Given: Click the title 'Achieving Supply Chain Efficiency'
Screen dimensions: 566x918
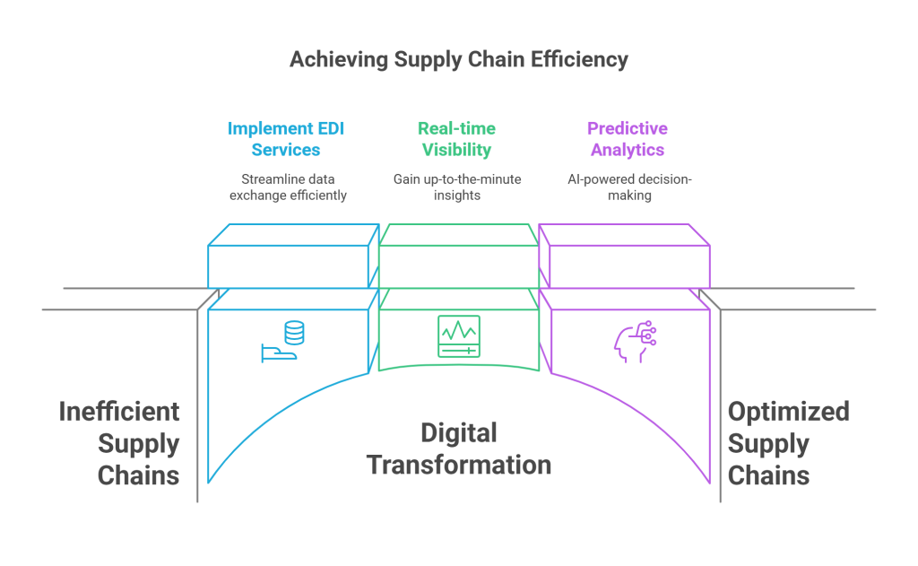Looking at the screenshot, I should pos(458,61).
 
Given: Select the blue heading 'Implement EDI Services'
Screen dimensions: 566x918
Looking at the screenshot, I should pos(286,139).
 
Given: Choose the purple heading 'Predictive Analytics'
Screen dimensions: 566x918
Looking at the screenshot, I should pos(628,139).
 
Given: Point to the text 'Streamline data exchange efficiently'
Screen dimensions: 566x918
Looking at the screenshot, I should pos(286,187).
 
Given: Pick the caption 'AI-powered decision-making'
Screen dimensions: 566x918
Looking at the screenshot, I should pos(628,187).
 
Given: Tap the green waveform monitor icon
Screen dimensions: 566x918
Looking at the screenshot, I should pos(458,336).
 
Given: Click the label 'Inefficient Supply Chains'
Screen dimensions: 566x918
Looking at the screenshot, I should pos(120,443).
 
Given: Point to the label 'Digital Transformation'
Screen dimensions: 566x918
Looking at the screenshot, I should pos(458,449).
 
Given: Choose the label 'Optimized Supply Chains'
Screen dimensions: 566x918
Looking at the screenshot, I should pos(788,443).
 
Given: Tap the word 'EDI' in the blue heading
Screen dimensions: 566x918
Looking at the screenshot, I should pos(326,128).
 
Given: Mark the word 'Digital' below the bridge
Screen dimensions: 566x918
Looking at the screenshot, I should pos(458,434).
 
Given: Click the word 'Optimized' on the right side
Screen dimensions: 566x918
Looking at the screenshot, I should pos(788,413).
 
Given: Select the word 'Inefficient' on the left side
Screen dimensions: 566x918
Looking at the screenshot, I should pos(119,413).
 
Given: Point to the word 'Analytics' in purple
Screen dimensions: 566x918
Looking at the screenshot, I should pos(628,151).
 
